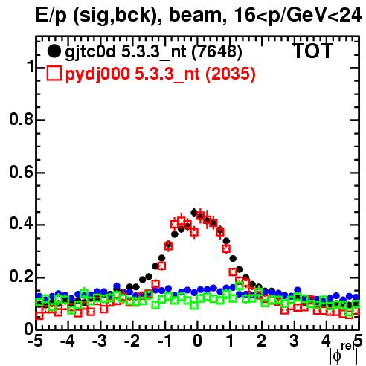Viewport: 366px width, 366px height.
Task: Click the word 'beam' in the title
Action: (x=195, y=16)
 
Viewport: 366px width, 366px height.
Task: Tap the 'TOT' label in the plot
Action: (x=312, y=51)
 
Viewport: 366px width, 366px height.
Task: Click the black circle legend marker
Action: (x=54, y=51)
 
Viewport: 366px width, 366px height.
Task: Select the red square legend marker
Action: (x=54, y=73)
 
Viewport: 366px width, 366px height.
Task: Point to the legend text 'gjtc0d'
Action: (x=90, y=52)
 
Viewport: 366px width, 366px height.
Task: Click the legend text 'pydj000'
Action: (x=97, y=74)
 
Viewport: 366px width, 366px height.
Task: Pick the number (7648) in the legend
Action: (x=216, y=52)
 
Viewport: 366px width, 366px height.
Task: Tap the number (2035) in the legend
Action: (x=230, y=74)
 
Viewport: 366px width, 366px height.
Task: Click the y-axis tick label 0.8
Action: (x=21, y=119)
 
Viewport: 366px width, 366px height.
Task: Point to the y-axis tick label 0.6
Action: (x=21, y=172)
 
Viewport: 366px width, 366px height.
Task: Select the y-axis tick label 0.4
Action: (x=21, y=224)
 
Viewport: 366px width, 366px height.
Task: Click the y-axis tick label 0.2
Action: (x=21, y=277)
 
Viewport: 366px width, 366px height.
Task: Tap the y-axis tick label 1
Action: (x=30, y=66)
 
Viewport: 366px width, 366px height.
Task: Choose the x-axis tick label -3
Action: (x=100, y=341)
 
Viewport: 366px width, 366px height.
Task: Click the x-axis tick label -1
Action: (x=164, y=341)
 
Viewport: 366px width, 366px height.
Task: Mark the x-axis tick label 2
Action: (x=262, y=341)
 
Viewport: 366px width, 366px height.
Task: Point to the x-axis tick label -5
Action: (x=35, y=341)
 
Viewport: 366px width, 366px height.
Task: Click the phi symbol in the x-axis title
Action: (x=337, y=356)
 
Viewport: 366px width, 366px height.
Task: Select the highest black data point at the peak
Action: (x=194, y=212)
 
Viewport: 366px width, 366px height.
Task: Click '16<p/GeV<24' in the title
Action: (x=298, y=16)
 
